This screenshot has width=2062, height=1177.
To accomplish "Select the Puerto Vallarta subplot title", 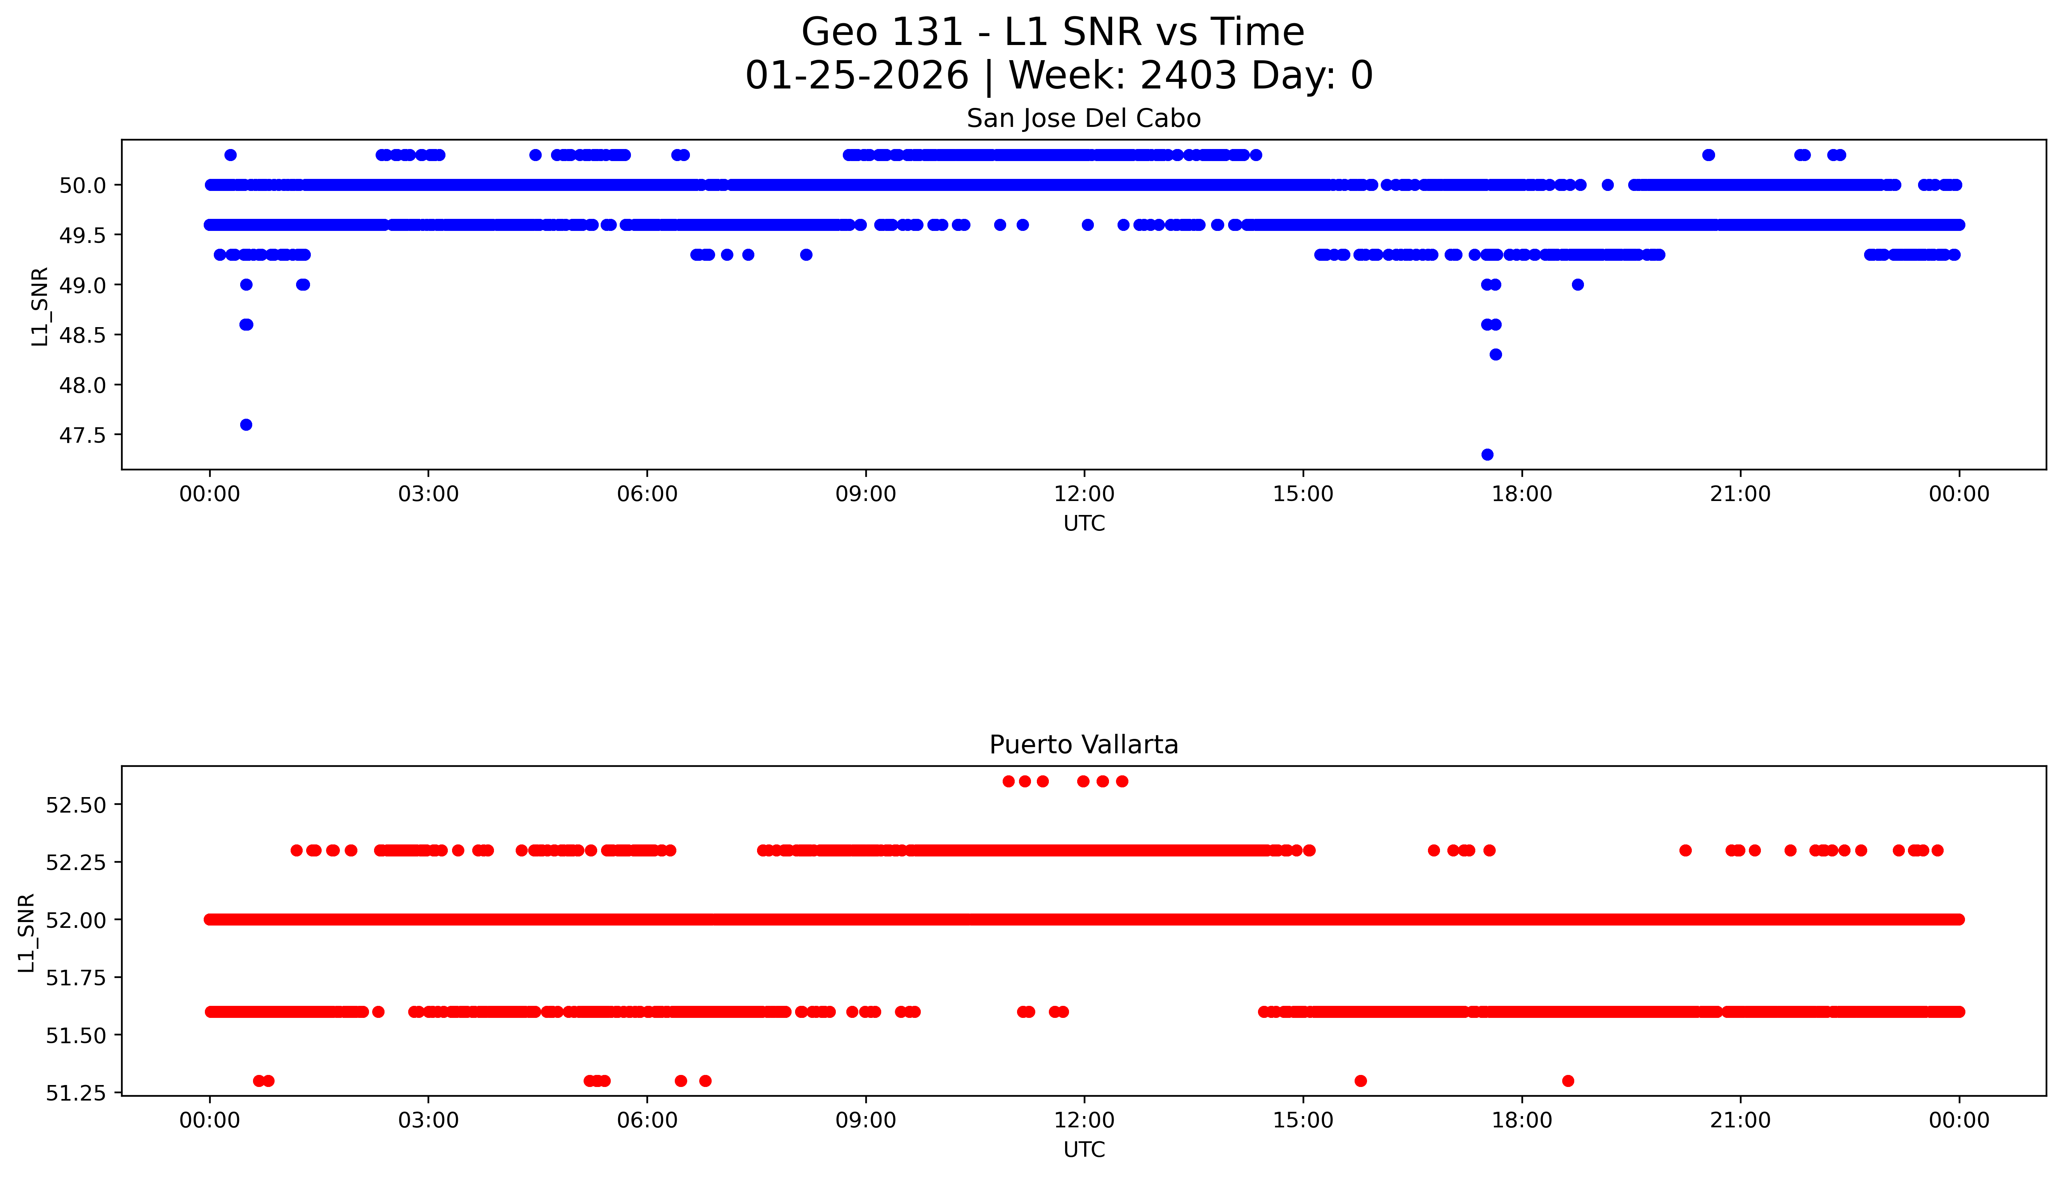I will coord(1083,745).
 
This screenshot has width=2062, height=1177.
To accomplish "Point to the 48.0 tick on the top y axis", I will coord(82,385).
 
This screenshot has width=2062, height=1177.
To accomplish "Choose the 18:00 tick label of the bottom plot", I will coord(1521,1120).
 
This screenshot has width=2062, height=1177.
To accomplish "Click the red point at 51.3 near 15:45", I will coord(1360,1081).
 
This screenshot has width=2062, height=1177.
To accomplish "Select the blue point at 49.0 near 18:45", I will coord(1578,284).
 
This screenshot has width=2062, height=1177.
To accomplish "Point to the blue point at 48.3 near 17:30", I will coord(1495,354).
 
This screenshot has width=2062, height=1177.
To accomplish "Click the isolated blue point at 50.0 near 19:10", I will coord(1608,185).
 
